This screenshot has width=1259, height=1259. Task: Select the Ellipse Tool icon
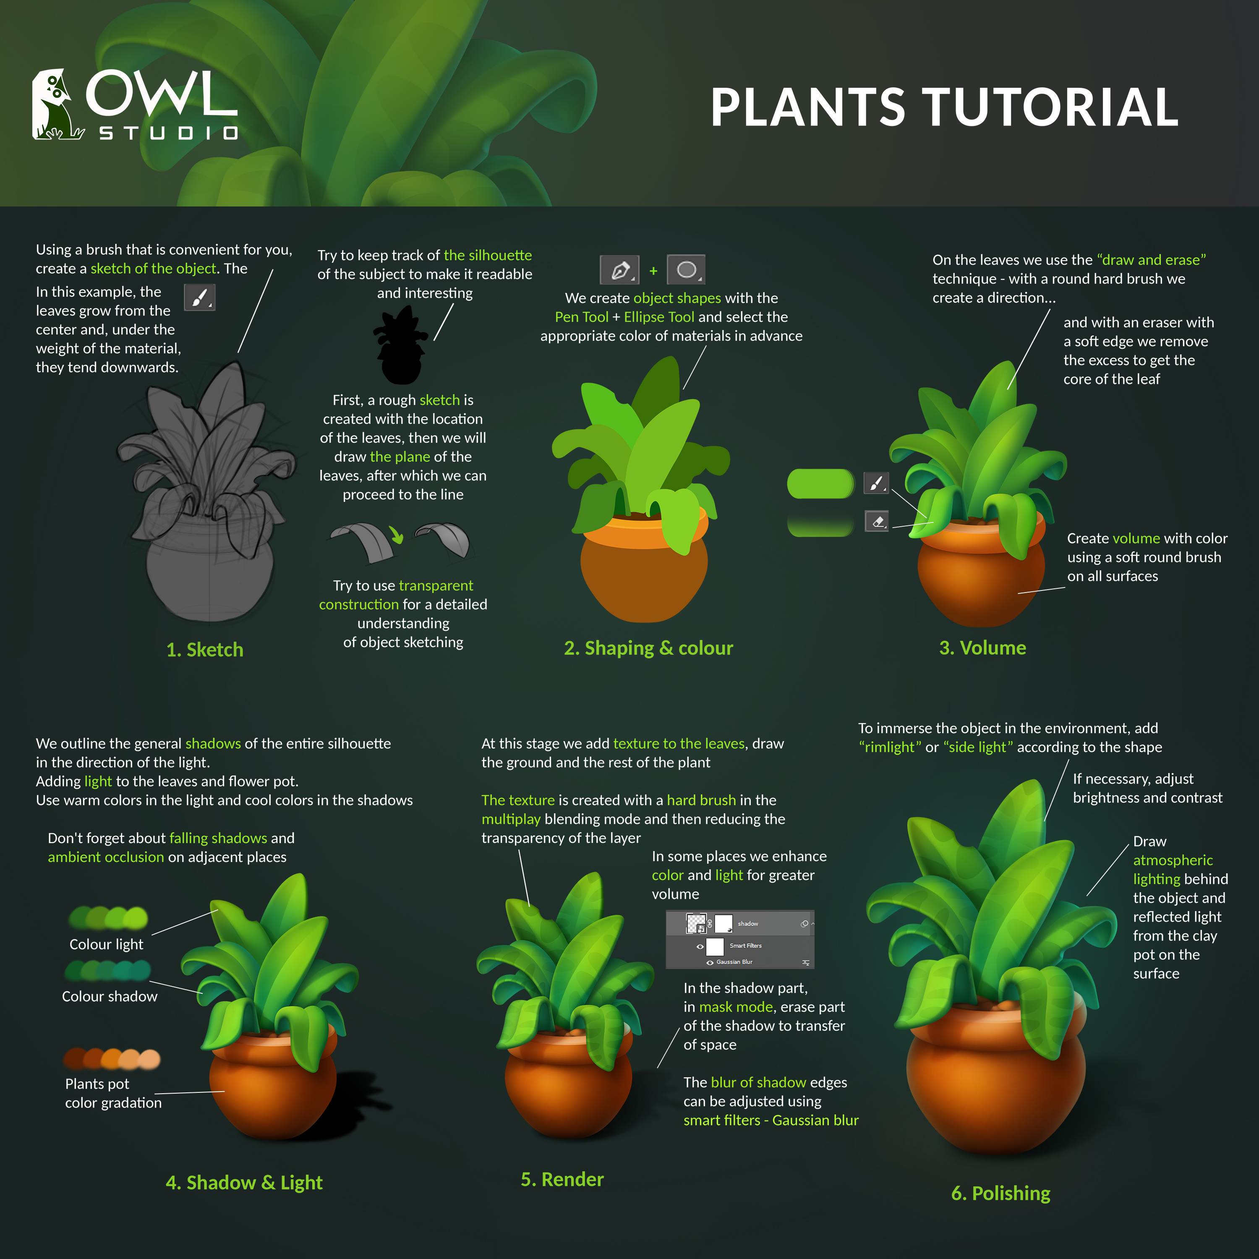(x=686, y=269)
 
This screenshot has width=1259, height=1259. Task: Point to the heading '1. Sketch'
(x=205, y=650)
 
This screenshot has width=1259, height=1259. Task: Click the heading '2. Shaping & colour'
(x=648, y=648)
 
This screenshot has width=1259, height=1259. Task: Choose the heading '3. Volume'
(x=983, y=648)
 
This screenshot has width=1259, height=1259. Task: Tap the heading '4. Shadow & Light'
(x=244, y=1183)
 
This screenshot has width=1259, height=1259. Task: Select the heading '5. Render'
(x=562, y=1180)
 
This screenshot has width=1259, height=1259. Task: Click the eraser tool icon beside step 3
(x=877, y=521)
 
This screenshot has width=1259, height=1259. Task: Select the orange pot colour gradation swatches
(x=112, y=1059)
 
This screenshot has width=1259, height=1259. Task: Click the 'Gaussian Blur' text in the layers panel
(x=734, y=962)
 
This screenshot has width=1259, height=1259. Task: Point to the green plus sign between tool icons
(x=653, y=270)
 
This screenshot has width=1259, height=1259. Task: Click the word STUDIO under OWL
(x=168, y=133)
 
